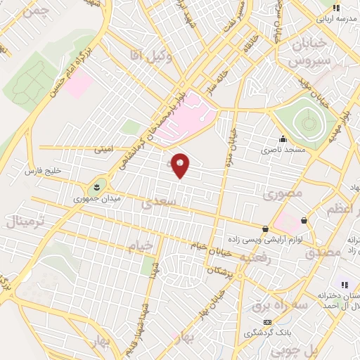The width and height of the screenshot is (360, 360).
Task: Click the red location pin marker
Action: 181,165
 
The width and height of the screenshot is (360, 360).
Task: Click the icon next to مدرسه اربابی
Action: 336,8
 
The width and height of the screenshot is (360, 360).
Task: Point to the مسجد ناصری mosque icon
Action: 282,139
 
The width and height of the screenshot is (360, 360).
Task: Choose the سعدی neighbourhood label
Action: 155,203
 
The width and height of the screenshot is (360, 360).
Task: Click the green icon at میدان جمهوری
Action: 96,186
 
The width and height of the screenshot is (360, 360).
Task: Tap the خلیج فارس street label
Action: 44,171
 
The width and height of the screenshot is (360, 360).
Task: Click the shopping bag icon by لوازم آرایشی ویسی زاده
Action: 265,229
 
